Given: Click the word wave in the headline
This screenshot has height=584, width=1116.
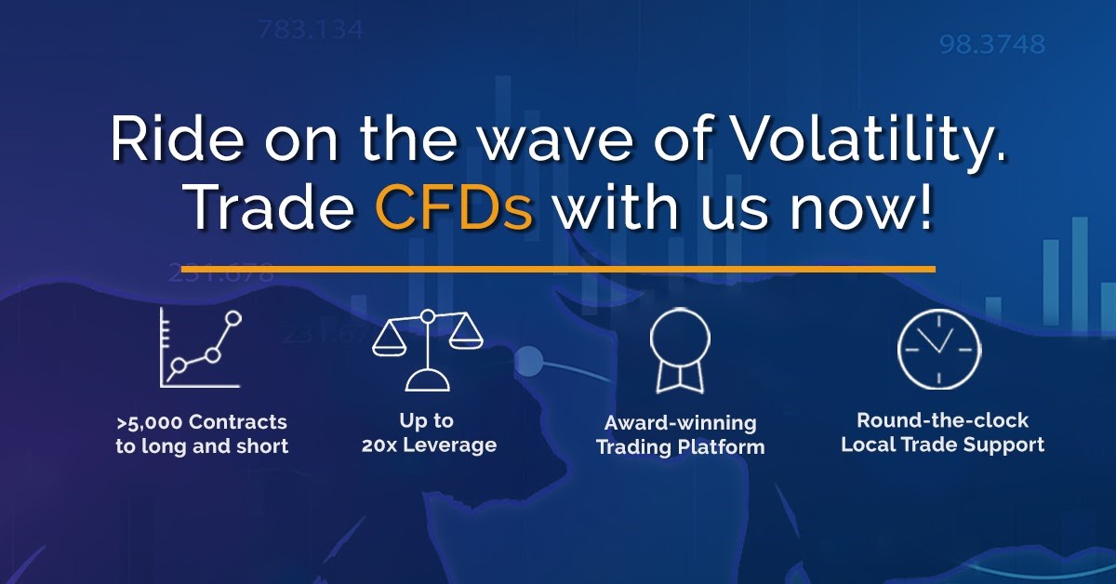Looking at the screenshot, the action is [555, 144].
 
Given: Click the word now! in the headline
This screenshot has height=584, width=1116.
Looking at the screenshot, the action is [860, 209].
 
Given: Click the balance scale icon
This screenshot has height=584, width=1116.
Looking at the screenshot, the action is [428, 351].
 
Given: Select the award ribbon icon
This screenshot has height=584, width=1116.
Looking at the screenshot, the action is [680, 351].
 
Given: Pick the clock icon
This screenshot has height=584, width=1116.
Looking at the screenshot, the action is [939, 350].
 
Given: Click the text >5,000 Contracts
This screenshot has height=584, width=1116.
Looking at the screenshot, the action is [202, 422].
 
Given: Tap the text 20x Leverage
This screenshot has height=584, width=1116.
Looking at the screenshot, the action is [429, 445].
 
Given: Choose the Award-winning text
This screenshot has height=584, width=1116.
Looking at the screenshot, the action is [681, 423].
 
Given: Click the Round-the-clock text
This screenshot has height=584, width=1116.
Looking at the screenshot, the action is [943, 420].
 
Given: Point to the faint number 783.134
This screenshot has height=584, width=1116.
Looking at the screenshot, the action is [311, 30].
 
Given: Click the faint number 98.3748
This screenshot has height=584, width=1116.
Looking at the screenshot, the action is [992, 45].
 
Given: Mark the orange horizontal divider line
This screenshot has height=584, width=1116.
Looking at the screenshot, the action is [558, 270].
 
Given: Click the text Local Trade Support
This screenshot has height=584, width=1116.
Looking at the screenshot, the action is [943, 445].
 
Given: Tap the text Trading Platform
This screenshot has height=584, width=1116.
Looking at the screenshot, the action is [681, 447].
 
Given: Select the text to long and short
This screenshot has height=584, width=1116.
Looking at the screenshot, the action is [202, 446].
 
